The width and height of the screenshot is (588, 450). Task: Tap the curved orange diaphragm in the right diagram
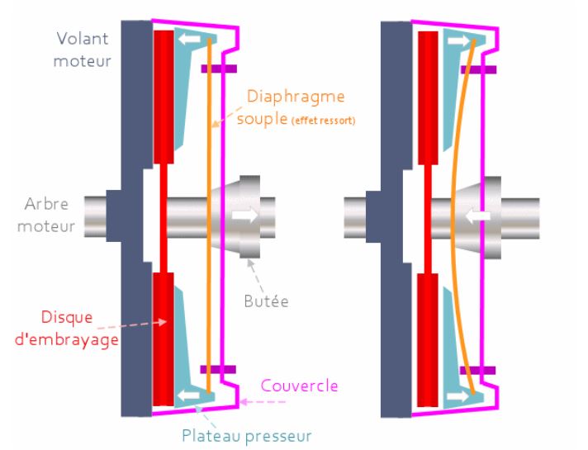tap(452, 215)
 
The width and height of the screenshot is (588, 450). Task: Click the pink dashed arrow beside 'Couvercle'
tap(269, 403)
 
